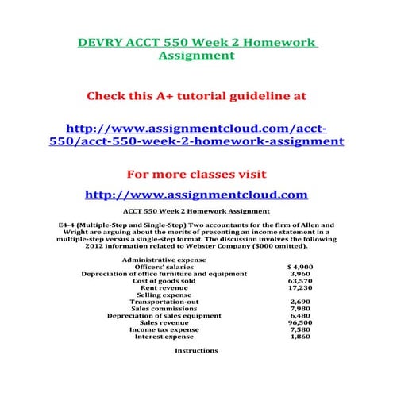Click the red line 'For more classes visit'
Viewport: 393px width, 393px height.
pos(195,173)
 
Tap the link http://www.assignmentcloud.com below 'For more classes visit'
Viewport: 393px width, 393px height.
pos(195,195)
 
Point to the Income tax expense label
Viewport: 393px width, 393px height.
pos(164,329)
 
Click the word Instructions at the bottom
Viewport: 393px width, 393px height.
pos(195,350)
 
